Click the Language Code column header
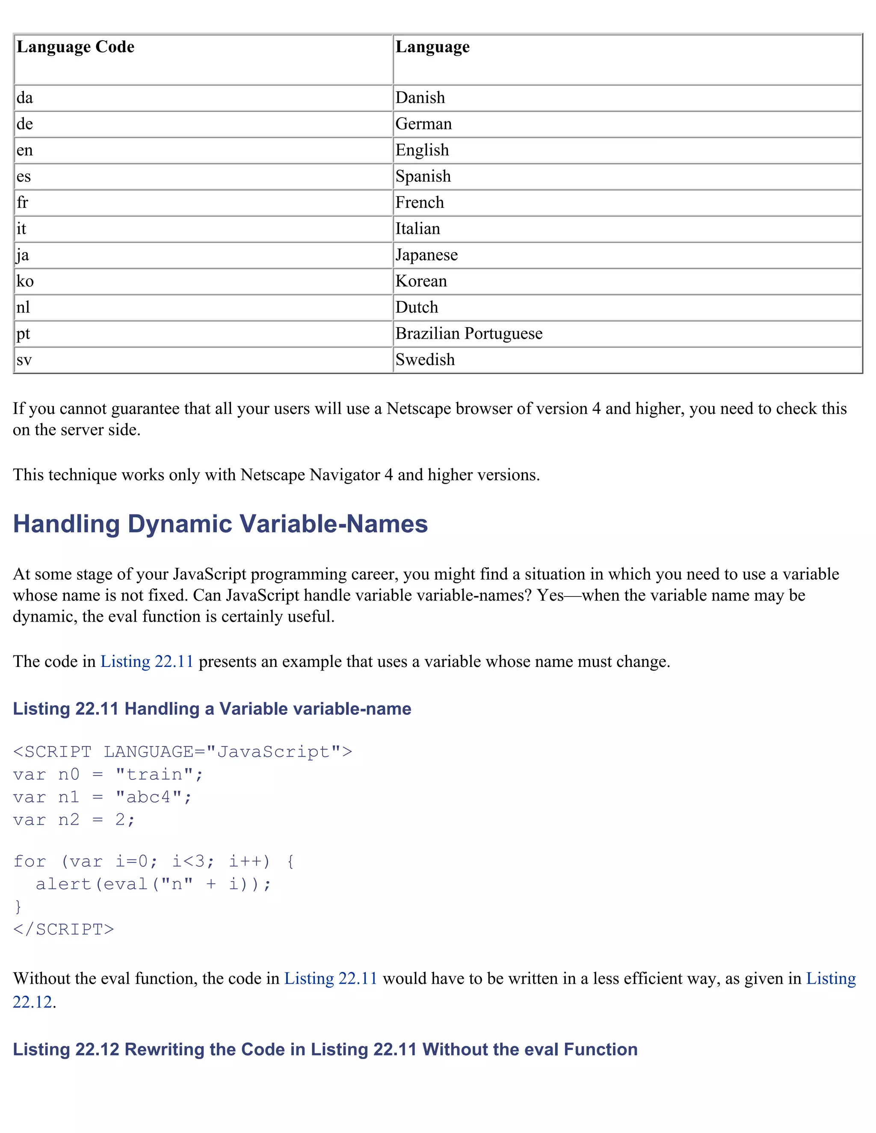pos(76,47)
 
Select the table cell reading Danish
pos(420,97)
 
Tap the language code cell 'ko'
pos(25,281)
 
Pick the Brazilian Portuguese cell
pos(469,333)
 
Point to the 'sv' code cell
pos(24,360)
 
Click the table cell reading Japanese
pos(426,255)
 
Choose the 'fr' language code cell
pos(22,202)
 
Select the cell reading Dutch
pos(416,307)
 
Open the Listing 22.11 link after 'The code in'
pos(146,661)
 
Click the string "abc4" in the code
pos(148,797)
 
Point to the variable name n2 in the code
pos(68,820)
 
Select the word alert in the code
pos(63,884)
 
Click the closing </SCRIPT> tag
pos(63,929)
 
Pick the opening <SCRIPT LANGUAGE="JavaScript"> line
pos(182,752)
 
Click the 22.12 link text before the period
pos(32,1002)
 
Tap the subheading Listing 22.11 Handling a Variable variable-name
pos(212,708)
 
